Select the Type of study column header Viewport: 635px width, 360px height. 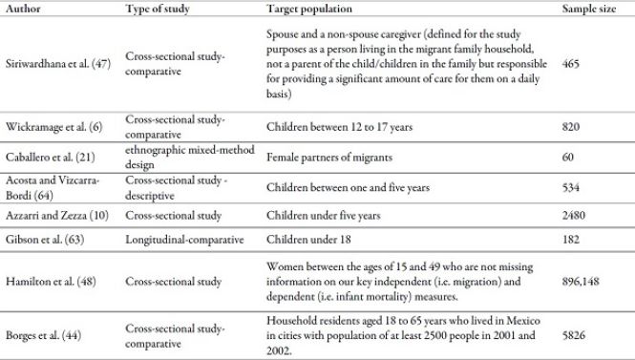(157, 9)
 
